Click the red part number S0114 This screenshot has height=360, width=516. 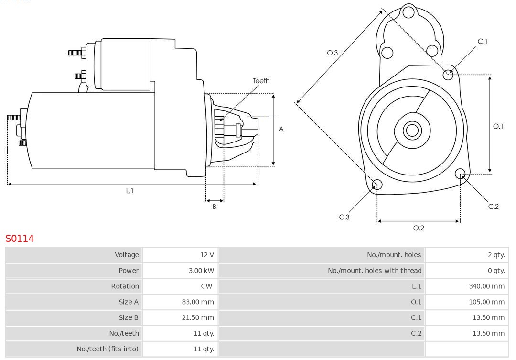coord(20,238)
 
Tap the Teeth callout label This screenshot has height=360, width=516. coord(261,81)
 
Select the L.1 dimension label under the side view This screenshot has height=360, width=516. coord(129,191)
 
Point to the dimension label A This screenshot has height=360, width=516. coord(281,129)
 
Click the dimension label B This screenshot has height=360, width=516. coord(215,207)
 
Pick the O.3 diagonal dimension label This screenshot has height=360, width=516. coord(333,53)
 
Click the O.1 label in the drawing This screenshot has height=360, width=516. coord(498,126)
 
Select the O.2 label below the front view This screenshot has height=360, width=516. coord(419,228)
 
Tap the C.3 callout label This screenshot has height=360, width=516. coord(344,217)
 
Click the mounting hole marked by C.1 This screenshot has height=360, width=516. coord(448,74)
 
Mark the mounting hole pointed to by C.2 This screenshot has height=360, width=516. coord(460,173)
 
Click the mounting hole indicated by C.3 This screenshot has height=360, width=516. coord(377,185)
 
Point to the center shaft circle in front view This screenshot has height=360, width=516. coord(411,130)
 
